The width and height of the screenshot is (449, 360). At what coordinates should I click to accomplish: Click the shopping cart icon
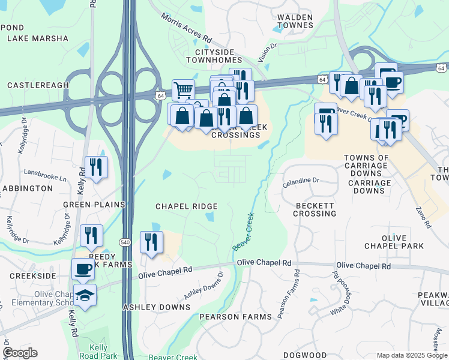(183, 91)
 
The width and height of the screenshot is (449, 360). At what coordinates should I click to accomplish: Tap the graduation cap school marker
(85, 295)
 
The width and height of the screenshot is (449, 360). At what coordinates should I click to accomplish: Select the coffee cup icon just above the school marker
(83, 269)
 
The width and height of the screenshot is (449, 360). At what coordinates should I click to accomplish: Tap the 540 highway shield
(124, 242)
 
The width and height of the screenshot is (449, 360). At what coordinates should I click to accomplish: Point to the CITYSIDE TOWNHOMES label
(214, 56)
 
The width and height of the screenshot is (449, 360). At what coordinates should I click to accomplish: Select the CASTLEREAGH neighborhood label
(38, 86)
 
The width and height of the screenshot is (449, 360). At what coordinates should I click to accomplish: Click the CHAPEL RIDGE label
(186, 206)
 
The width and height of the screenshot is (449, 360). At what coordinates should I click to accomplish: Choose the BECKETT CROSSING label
(315, 209)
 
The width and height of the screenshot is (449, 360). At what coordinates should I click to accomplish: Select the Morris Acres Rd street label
(186, 28)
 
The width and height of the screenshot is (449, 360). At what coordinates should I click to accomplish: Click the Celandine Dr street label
(302, 179)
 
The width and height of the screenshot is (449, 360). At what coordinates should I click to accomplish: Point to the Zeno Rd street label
(423, 217)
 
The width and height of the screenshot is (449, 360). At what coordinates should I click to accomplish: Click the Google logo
(20, 353)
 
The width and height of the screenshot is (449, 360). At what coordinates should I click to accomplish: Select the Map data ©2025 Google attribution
(411, 355)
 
